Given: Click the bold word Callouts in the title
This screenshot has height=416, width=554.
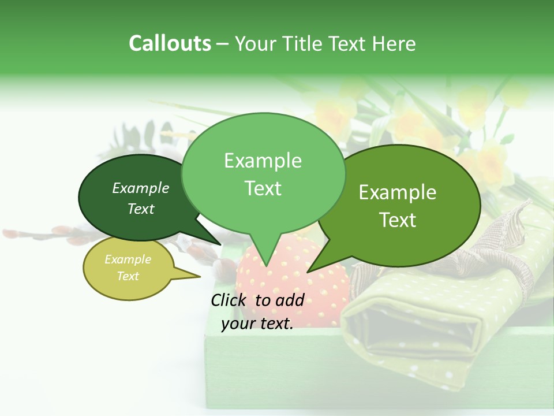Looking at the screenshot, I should [x=170, y=43].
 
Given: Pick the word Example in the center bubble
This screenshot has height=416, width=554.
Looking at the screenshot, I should [x=263, y=161].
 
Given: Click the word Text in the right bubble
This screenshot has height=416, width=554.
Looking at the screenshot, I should [x=398, y=220].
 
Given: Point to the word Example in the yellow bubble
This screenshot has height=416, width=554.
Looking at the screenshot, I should [x=128, y=259].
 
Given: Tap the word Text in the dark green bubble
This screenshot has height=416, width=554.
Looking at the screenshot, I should [x=141, y=209].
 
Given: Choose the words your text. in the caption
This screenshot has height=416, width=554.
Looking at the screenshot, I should [x=257, y=324].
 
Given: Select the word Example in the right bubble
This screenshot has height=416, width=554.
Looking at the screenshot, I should [x=398, y=192].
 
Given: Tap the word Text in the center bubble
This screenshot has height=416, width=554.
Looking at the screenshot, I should [x=263, y=188].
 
